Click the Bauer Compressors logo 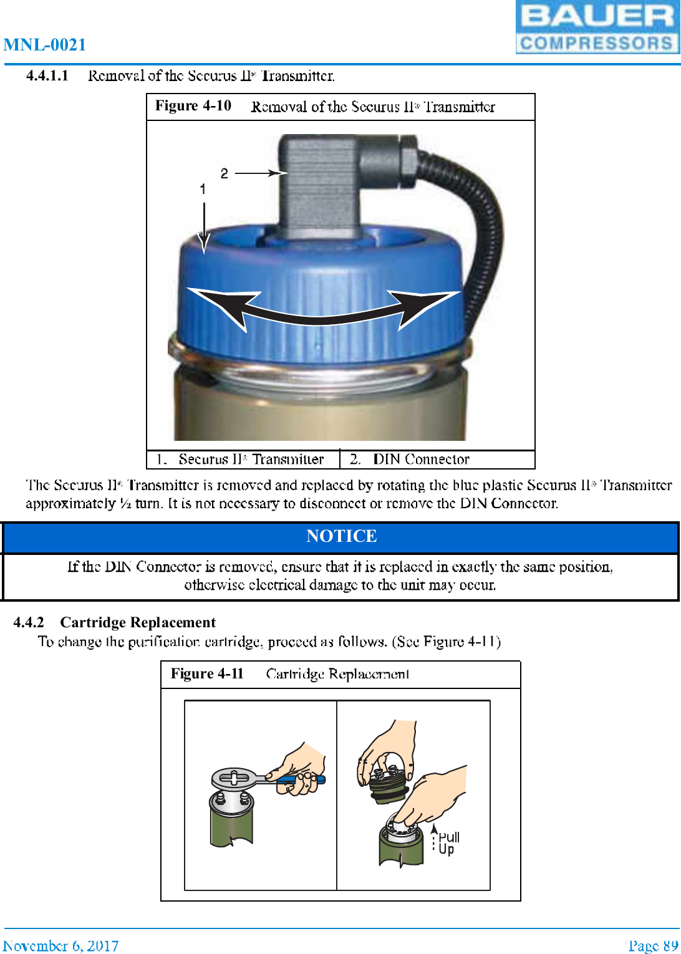[597, 27]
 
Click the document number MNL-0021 [44, 45]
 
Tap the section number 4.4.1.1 [47, 76]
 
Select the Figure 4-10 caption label [193, 106]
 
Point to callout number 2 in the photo [225, 173]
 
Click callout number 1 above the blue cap [203, 188]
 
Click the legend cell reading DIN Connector [421, 460]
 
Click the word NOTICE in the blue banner [341, 536]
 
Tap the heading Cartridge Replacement [138, 622]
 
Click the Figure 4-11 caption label [207, 674]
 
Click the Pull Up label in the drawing [447, 843]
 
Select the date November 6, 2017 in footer [60, 946]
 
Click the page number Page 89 [653, 946]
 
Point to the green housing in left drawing [231, 823]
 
